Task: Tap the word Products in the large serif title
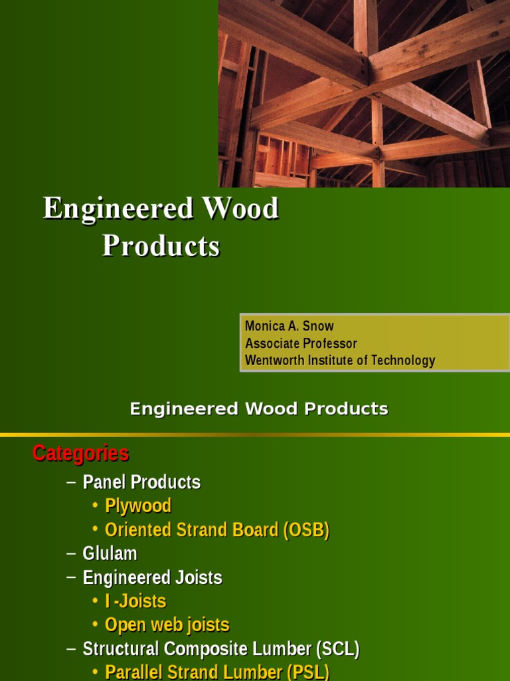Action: (x=161, y=245)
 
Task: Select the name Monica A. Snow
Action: (x=289, y=326)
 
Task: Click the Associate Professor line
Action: (x=301, y=343)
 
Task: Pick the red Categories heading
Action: (x=80, y=454)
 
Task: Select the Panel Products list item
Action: (x=141, y=482)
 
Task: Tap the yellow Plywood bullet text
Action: (x=138, y=506)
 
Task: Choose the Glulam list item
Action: (x=110, y=553)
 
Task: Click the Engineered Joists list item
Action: (x=152, y=577)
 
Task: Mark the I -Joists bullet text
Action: (x=135, y=601)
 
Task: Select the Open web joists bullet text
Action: (x=167, y=625)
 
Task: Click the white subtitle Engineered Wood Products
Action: (x=259, y=409)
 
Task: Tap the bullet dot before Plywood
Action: (x=96, y=506)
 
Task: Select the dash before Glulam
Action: (x=72, y=553)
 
